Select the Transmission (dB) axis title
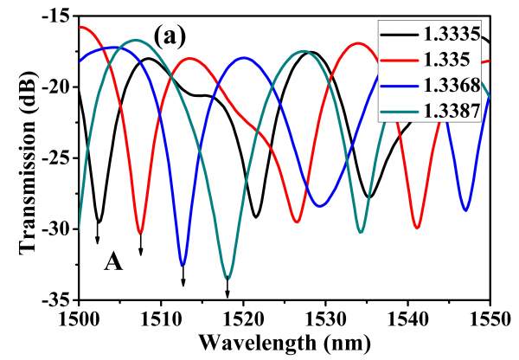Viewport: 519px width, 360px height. pos(19,156)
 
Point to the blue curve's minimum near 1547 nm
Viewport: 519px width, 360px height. pos(466,209)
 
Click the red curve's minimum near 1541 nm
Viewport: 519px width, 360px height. pos(417,227)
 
